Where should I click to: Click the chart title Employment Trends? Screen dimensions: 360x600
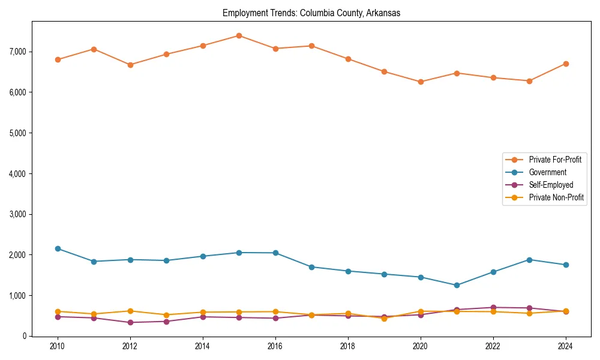click(x=311, y=13)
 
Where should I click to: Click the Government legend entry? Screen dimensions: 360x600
click(x=547, y=172)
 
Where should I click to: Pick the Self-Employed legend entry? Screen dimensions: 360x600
click(x=551, y=185)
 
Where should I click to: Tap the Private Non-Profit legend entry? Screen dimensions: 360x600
click(x=556, y=197)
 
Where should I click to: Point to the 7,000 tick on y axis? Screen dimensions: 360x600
click(x=18, y=52)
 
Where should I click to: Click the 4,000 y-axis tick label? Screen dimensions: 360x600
click(x=18, y=173)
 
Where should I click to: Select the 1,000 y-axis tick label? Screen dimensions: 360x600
click(x=18, y=296)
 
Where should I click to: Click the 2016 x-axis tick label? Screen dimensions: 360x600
click(x=275, y=346)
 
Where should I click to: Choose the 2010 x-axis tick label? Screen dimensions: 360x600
click(x=58, y=346)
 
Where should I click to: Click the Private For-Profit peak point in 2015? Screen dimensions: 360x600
click(x=239, y=35)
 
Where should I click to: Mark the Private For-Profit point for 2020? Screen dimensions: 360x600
click(x=421, y=82)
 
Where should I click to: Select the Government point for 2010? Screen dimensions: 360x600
click(x=58, y=248)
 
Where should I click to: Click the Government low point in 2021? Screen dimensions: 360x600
click(x=457, y=285)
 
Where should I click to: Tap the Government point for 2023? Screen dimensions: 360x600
click(x=529, y=260)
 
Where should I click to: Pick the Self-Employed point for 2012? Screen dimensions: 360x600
click(x=130, y=322)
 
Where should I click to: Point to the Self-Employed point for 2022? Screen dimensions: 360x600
click(x=493, y=307)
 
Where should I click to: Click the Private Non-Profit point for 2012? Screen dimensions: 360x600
click(x=130, y=311)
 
